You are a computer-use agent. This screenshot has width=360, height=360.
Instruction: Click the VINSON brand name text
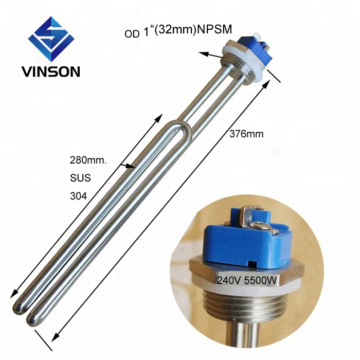pos(50,71)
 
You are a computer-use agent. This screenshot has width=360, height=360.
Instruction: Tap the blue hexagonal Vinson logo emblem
pos(50,39)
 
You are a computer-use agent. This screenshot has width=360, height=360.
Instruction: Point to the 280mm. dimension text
pos(88,160)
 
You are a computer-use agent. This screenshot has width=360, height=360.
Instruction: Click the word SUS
pos(80,178)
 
